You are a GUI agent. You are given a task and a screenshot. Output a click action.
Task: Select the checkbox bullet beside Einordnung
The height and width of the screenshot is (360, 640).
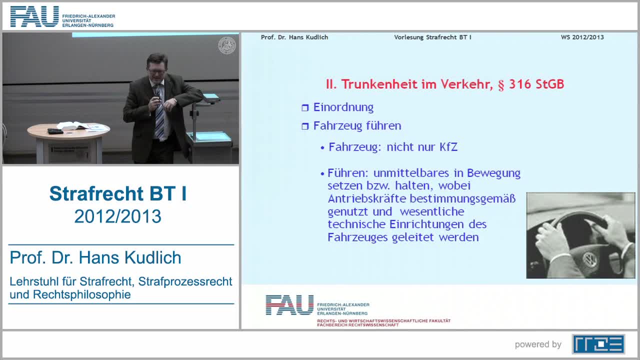pos(305,107)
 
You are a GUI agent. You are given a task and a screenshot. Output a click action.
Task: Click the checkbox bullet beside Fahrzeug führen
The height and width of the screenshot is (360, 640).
pos(305,126)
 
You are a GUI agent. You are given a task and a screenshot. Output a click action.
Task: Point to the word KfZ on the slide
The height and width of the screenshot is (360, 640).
pos(448,147)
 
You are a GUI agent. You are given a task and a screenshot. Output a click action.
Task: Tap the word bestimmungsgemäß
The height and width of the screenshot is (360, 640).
pos(463,199)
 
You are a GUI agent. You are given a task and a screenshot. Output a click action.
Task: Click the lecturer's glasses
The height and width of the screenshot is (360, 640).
pos(157,70)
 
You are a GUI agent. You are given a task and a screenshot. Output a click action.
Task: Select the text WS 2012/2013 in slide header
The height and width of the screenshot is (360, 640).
pos(582,37)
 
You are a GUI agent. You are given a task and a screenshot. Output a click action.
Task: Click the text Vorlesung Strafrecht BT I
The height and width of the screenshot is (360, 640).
pos(432,37)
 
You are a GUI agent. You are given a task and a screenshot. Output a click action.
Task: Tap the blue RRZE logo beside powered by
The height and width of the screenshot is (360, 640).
pos(598,344)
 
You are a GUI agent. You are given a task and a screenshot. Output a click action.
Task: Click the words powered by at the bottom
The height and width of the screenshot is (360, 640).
pos(538,344)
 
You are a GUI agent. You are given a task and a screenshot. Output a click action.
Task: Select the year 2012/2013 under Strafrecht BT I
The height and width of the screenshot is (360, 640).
pos(117,216)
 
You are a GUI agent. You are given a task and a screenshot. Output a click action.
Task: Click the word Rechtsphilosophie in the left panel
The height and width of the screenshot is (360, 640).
pos(81,294)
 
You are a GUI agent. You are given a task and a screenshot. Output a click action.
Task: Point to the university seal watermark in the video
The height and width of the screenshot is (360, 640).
pos(227,45)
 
